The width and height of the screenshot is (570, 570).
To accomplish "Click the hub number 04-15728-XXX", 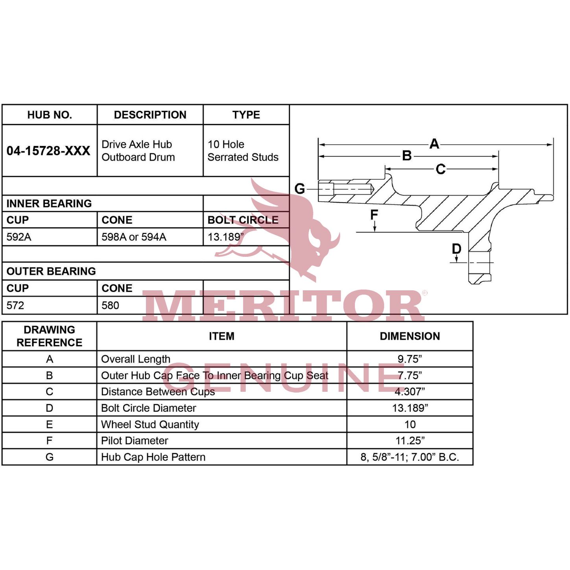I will point(48,151).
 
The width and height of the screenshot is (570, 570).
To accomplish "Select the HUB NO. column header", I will point(50,115).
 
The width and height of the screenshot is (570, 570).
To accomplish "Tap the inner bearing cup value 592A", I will point(19,237).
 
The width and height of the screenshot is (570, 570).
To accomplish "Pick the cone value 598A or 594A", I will point(134,237).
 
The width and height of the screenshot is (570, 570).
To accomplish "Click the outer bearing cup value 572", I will point(15,305).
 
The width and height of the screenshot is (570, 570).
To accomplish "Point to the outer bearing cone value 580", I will point(110,305).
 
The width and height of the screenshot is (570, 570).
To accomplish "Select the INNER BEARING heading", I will point(49,203).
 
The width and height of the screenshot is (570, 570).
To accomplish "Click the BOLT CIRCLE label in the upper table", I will point(243,220).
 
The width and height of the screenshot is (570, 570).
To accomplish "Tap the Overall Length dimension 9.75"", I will point(410,359).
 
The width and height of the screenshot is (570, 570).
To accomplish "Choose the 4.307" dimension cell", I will point(410,392).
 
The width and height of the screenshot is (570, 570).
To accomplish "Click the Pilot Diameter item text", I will point(135,441).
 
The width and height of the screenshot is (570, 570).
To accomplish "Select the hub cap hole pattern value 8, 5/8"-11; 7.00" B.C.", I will point(410,457).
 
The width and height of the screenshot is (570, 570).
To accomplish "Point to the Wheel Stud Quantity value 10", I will point(410,424).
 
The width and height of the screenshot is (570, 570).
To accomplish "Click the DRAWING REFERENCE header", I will point(49,336).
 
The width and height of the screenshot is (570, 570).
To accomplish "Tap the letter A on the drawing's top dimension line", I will point(434,144).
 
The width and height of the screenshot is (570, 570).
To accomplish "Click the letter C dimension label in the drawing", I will point(441,169).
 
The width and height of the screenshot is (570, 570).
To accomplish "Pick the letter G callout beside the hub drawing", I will point(300,189).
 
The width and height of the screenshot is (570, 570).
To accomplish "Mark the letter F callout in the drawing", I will point(374,215).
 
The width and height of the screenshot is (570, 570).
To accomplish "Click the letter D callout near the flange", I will point(456,249).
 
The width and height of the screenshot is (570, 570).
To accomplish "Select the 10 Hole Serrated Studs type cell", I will point(243,151).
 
